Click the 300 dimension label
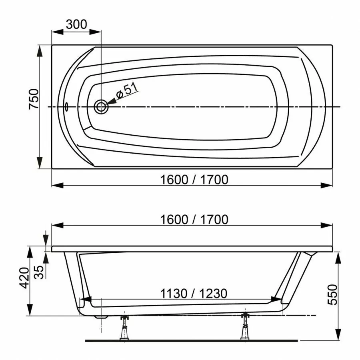(76, 24)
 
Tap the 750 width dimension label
(34, 99)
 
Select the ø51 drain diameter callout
(127, 90)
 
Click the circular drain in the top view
(101, 107)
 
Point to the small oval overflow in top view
(66, 106)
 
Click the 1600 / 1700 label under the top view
(194, 180)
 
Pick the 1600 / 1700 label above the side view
(194, 220)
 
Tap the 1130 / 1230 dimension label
(194, 294)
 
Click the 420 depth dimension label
(24, 278)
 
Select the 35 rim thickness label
(39, 272)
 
